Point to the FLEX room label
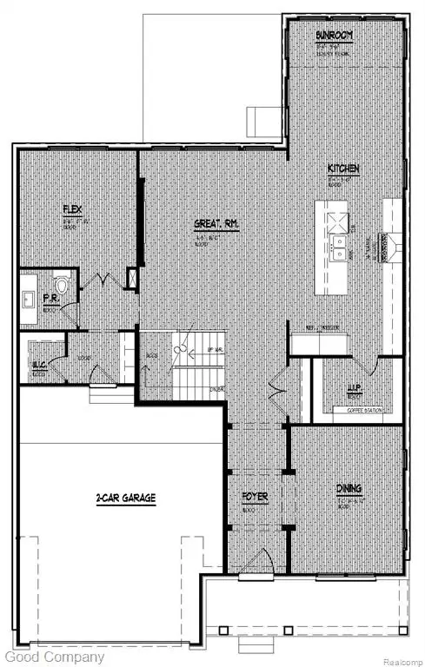tap(72, 210)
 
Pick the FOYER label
tap(255, 498)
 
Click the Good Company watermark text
tap(52, 657)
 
